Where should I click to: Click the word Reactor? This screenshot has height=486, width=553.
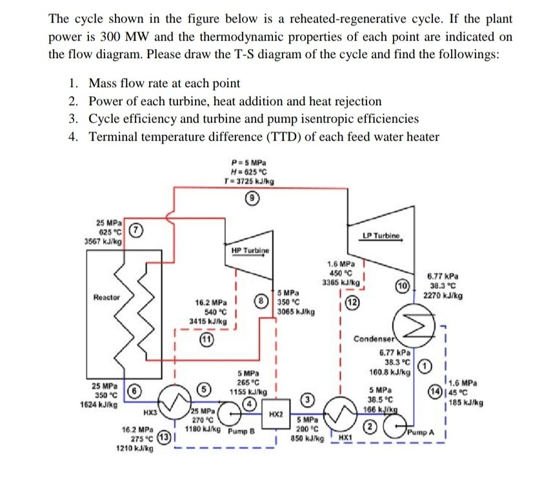tap(106, 298)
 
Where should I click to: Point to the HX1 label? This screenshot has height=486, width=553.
tap(346, 438)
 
